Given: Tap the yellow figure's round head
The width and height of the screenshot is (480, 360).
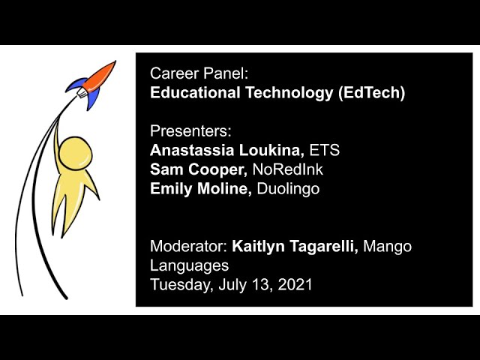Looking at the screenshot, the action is click(75, 153).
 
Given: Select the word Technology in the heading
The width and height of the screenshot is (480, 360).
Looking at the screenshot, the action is click(289, 93).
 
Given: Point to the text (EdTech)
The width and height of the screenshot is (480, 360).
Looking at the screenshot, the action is click(372, 93).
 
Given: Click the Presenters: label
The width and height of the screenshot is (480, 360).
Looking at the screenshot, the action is click(190, 131).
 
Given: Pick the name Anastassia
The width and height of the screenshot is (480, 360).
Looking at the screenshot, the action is click(192, 150).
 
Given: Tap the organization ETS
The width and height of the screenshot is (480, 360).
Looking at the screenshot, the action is click(325, 150).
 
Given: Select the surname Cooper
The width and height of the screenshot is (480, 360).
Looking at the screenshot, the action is click(217, 169).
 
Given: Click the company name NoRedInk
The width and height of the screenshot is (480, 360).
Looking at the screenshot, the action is click(288, 169).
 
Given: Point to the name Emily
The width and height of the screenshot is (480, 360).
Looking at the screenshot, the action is click(171, 189).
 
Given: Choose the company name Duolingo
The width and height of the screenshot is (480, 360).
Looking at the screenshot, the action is click(288, 189).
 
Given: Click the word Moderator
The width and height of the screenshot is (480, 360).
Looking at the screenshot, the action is click(188, 247).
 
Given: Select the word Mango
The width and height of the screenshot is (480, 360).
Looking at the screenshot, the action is click(387, 247).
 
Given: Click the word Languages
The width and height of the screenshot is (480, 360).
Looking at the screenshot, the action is click(189, 265).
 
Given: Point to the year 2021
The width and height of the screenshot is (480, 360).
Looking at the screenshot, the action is click(295, 285).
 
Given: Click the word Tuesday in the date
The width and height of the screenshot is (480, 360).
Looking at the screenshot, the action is click(181, 285).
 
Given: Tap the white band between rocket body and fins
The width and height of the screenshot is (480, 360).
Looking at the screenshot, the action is click(82, 92).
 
